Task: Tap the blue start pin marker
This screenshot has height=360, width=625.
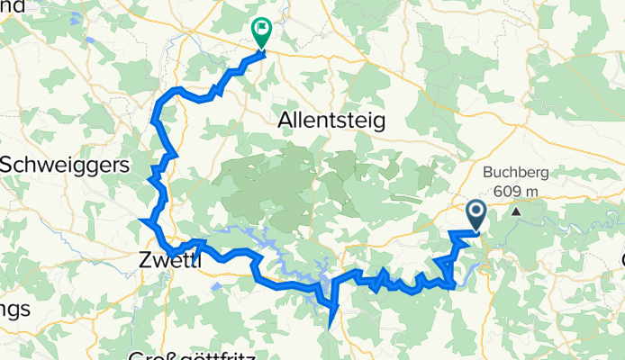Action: click(x=476, y=214)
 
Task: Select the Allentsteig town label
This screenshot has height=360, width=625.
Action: click(x=331, y=120)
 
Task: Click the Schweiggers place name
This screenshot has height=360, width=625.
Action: click(x=65, y=166)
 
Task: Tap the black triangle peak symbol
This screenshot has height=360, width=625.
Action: click(x=517, y=212)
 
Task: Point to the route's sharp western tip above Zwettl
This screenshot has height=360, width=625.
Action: click(x=142, y=220)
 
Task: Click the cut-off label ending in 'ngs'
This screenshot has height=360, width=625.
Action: click(x=15, y=309)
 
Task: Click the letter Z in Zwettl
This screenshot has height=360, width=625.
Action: click(x=147, y=260)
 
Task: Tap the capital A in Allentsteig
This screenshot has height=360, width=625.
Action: click(x=287, y=120)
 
